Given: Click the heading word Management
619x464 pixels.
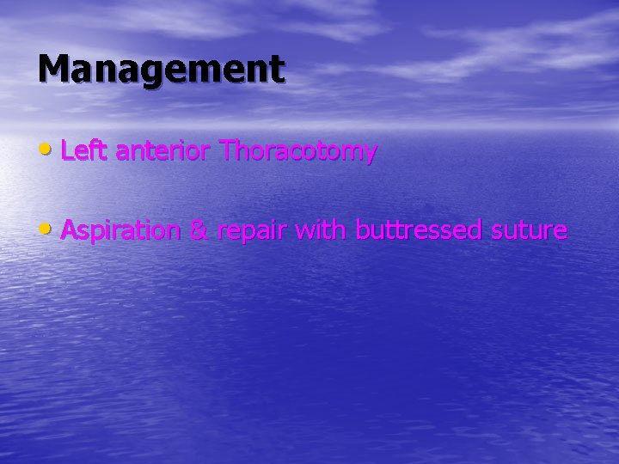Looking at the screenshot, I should [160, 69].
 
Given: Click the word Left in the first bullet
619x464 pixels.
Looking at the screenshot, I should [83, 151].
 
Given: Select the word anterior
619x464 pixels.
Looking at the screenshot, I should [162, 152].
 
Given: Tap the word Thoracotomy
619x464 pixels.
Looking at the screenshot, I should [298, 152].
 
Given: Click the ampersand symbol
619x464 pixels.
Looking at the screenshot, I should [199, 230].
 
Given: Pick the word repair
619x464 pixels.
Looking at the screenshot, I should [254, 232].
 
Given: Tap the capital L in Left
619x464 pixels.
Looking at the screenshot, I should [68, 151].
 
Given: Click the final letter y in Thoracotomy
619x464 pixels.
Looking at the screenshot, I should [369, 156].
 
